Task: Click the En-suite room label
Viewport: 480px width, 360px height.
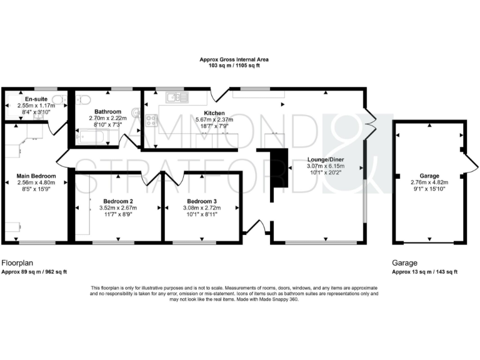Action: (35, 99)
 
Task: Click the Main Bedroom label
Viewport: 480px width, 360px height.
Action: (36, 176)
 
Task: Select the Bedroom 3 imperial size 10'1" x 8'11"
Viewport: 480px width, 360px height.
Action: (202, 214)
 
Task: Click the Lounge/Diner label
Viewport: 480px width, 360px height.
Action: (325, 159)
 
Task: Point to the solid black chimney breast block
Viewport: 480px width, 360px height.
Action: (277, 167)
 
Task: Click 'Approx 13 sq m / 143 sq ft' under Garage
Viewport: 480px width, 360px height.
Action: (424, 272)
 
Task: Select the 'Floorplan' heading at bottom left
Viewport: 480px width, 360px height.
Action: (17, 263)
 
